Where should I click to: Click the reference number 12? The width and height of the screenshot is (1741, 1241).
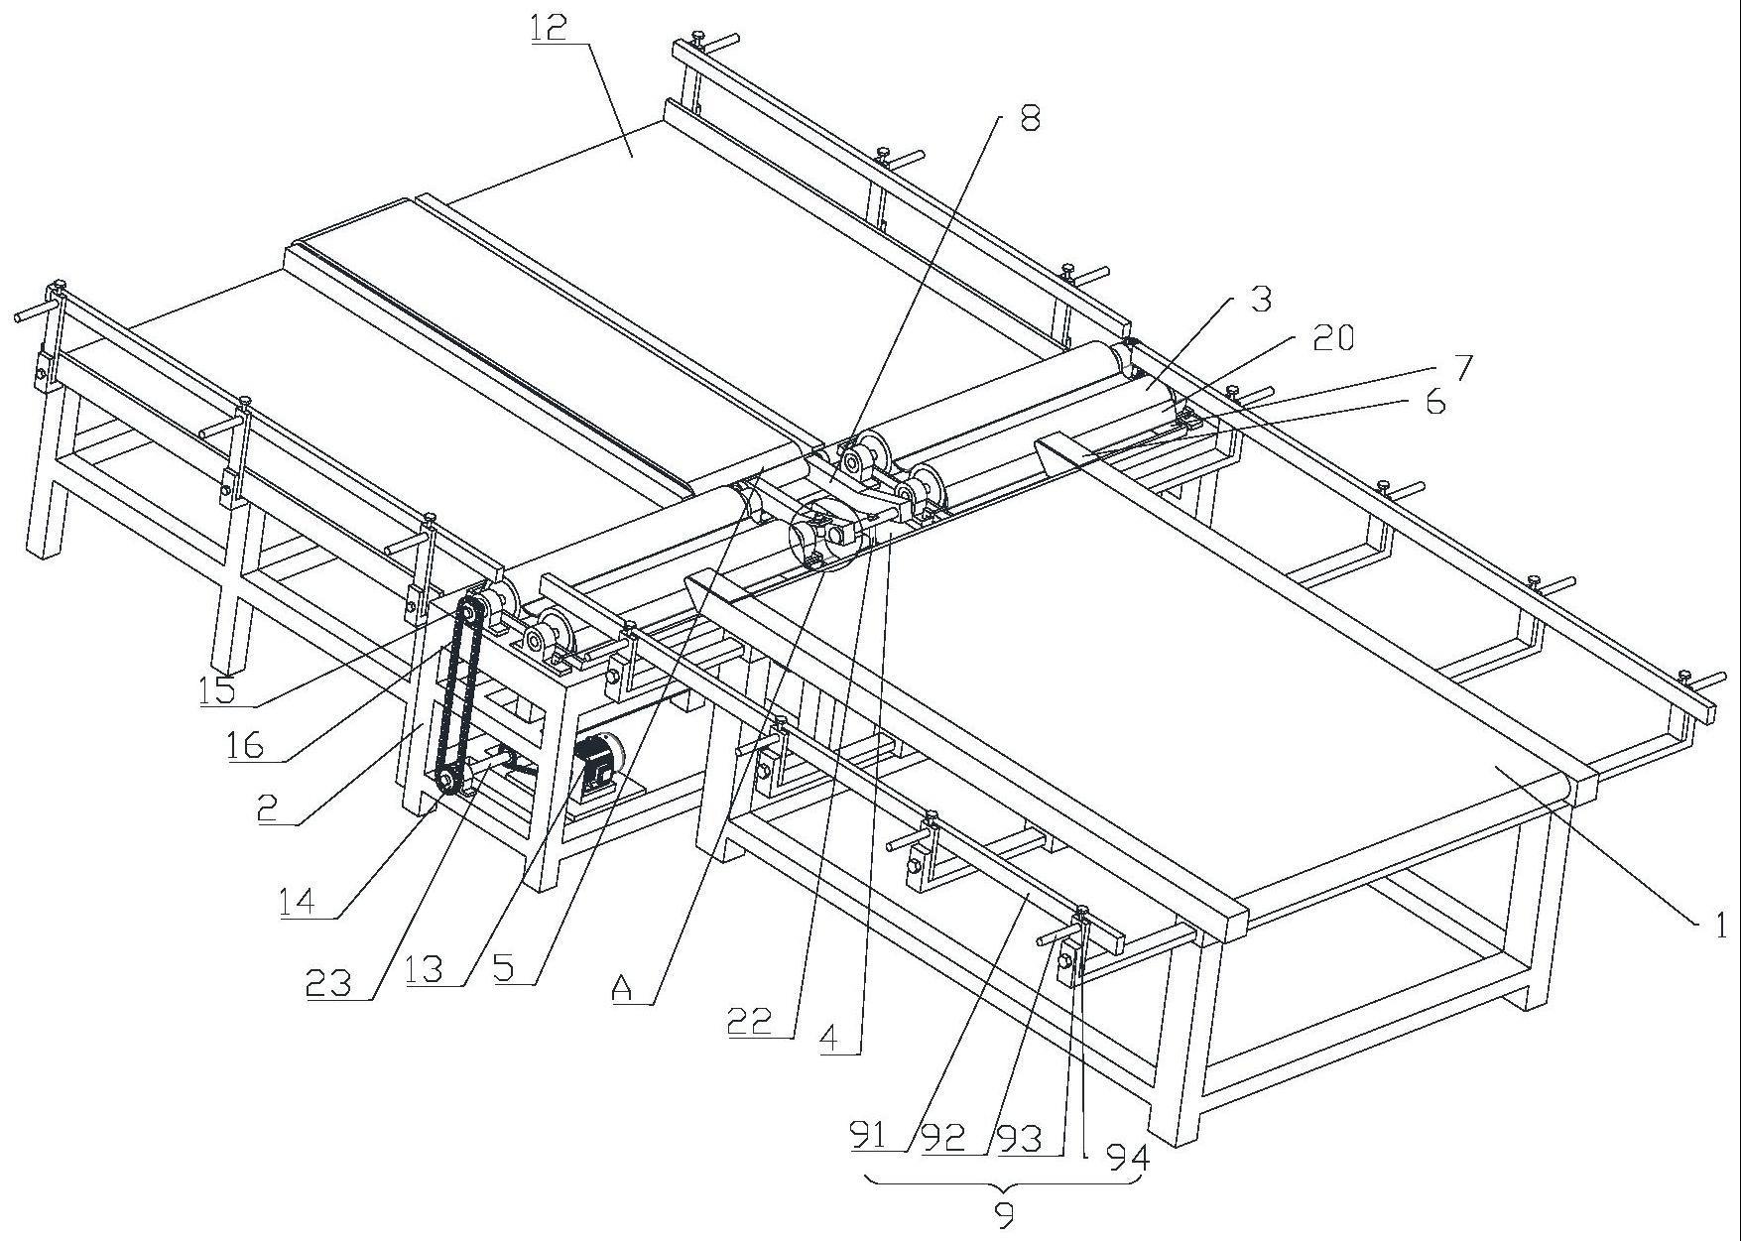pos(549,27)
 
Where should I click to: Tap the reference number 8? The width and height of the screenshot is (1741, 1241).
pos(1030,119)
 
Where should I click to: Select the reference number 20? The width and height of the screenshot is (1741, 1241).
pos(1332,338)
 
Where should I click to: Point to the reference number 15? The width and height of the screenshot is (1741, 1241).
pos(217,689)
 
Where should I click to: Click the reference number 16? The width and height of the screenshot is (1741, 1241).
pos(245,744)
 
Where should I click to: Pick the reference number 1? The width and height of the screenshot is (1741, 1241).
pos(1720,926)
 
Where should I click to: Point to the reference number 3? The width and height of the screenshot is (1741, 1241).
pos(1260,299)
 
